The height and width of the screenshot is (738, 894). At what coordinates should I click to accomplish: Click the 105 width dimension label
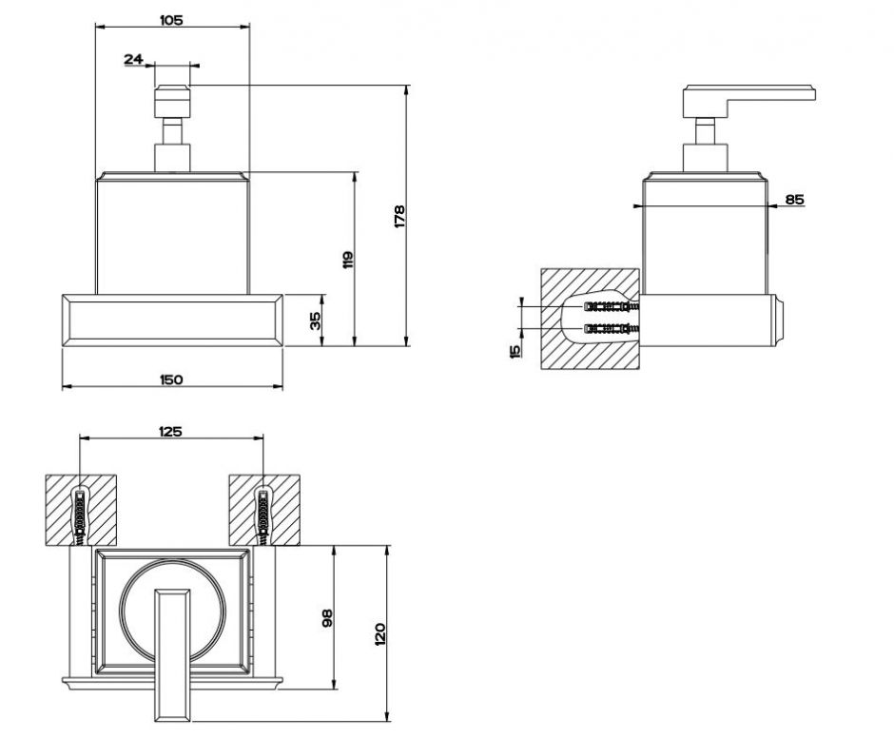point(171,18)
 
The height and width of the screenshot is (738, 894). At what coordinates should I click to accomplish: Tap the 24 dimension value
point(133,59)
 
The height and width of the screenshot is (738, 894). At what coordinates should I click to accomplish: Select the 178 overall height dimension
point(399,216)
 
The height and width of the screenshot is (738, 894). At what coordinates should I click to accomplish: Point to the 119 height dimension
point(348,259)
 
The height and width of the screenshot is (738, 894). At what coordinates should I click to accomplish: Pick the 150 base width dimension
point(171,379)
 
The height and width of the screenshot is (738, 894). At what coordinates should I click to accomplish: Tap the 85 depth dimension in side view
point(795,199)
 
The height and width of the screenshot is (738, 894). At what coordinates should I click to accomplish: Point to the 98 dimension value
point(326,618)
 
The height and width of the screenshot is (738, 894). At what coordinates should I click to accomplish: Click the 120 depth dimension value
point(379,633)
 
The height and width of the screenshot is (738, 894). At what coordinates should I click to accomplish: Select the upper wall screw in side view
point(610,307)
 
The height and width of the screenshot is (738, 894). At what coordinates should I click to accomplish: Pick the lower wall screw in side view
point(610,329)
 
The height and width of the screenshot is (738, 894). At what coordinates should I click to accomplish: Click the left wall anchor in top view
point(81,513)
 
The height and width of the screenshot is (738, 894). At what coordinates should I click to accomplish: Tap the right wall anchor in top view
point(263,513)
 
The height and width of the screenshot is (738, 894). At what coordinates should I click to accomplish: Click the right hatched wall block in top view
point(264,510)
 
